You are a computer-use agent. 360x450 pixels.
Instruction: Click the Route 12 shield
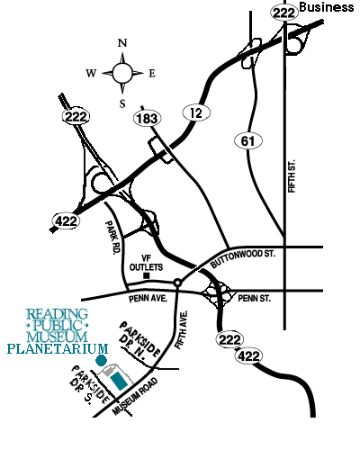click(196, 112)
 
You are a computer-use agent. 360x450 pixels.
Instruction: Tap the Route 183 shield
click(147, 119)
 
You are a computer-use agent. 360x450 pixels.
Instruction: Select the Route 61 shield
click(247, 140)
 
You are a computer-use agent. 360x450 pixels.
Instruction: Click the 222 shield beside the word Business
click(283, 13)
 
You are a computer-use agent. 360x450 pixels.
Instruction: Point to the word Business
click(327, 7)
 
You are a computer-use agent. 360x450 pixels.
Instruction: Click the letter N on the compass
click(122, 43)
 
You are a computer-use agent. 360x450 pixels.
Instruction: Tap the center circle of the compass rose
click(122, 73)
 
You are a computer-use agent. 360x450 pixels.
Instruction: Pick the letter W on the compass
click(91, 73)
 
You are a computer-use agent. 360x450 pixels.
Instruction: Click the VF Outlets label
click(146, 263)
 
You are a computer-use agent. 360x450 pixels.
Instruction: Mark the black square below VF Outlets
click(147, 275)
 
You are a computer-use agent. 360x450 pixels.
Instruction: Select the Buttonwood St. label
click(242, 258)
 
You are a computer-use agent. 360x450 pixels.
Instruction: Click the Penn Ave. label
click(148, 299)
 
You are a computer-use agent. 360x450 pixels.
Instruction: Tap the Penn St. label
click(254, 298)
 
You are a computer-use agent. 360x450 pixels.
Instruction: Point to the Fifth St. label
click(292, 176)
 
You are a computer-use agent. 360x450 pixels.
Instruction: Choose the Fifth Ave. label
click(181, 329)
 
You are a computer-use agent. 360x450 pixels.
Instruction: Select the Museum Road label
click(135, 396)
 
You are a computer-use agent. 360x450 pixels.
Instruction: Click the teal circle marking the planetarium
click(101, 360)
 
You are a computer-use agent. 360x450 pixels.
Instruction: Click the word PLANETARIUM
click(58, 349)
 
